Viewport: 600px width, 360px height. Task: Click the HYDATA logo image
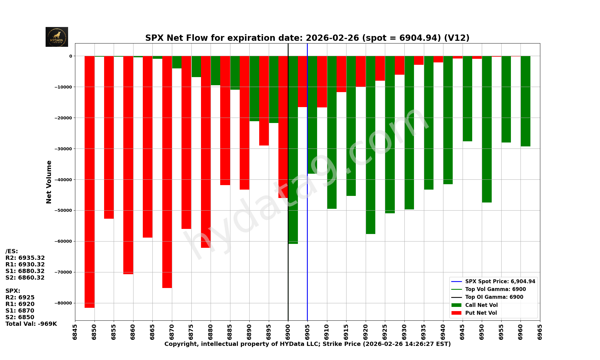[57, 37]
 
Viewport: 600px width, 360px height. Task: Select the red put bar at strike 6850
[89, 180]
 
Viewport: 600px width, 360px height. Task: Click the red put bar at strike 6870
[167, 171]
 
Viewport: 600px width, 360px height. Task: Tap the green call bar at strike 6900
[293, 150]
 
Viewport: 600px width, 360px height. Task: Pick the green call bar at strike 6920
[370, 144]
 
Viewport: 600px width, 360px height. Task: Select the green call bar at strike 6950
[487, 129]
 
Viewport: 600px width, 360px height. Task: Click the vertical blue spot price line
[307, 255]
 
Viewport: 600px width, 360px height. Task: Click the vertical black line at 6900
[288, 270]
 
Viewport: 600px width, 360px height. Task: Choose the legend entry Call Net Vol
[481, 305]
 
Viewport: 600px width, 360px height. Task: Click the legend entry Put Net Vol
[481, 313]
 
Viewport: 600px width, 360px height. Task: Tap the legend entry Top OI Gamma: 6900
[494, 297]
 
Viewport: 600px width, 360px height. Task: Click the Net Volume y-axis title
[49, 182]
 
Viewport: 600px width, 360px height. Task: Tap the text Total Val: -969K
[31, 324]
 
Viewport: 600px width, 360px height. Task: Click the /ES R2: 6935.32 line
[25, 258]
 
